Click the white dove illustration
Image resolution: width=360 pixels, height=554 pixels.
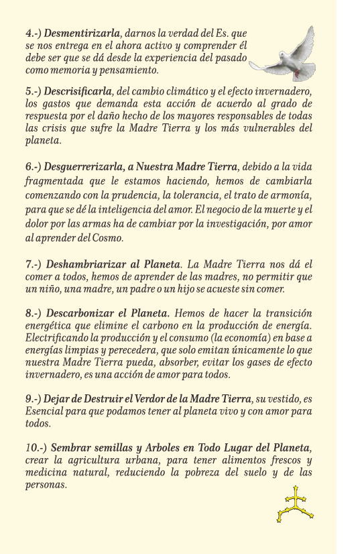[x=284, y=52]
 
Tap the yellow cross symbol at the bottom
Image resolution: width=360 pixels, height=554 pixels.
[x=295, y=504]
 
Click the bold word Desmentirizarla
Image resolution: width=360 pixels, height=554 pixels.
[x=84, y=32]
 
